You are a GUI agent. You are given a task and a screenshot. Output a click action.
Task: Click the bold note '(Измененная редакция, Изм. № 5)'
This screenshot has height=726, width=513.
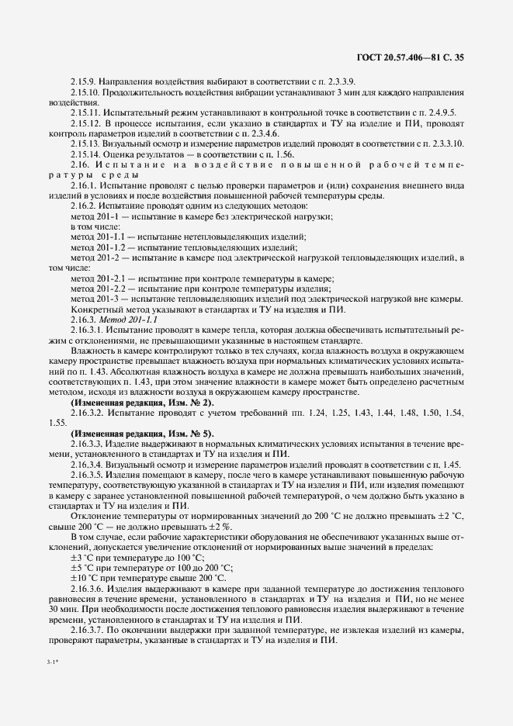[x=143, y=433]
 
